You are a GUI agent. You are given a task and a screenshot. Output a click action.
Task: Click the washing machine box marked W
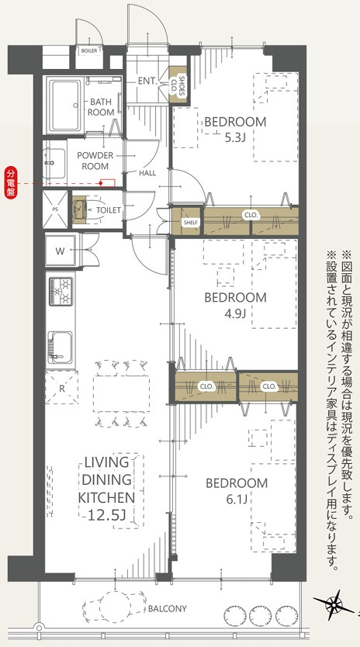tap(61, 251)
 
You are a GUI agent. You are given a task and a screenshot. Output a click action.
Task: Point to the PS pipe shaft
tap(54, 209)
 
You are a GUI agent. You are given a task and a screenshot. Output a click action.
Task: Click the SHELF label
tap(191, 223)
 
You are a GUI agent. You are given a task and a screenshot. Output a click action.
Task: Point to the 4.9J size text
tap(235, 313)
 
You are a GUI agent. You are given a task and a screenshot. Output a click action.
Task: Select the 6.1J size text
tap(236, 498)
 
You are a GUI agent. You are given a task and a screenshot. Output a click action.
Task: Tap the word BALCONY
tap(168, 609)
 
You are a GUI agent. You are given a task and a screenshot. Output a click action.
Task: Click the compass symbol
tap(334, 603)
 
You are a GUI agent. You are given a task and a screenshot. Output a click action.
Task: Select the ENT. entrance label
tap(147, 81)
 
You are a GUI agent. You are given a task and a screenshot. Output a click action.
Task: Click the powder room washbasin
tap(57, 164)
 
